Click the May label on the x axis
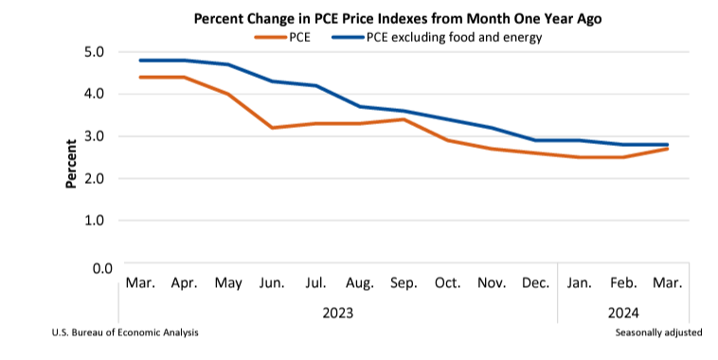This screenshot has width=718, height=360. click(x=227, y=284)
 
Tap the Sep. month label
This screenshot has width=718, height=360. click(x=404, y=284)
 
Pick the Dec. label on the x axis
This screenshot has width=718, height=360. click(x=536, y=284)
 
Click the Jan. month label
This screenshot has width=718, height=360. click(x=580, y=284)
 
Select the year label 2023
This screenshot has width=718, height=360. click(x=338, y=311)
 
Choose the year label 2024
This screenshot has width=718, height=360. click(x=623, y=311)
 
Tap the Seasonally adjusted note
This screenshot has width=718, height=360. click(x=658, y=333)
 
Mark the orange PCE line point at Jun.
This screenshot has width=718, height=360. click(x=272, y=127)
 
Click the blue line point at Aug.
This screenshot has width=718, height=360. click(x=360, y=106)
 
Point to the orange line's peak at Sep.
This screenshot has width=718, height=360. click(x=404, y=119)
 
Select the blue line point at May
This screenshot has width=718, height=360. click(x=227, y=64)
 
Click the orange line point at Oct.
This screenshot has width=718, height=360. click(x=448, y=140)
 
